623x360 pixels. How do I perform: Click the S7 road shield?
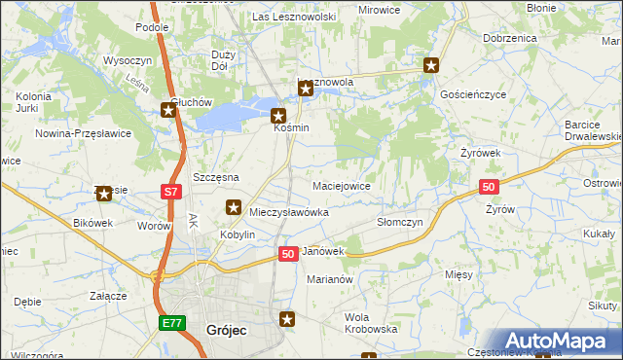click(170, 193)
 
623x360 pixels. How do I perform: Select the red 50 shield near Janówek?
click(287, 253)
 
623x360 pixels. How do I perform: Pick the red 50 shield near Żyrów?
click(489, 187)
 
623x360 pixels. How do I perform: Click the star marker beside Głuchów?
click(167, 111)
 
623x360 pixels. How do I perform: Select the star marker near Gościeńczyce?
click(431, 66)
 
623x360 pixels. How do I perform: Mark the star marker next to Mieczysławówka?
click(234, 206)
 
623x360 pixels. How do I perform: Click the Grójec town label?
click(226, 331)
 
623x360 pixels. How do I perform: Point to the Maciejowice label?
click(341, 185)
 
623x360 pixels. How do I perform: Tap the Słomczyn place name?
click(399, 222)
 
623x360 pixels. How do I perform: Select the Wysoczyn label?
click(124, 60)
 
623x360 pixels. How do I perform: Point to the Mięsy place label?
click(458, 275)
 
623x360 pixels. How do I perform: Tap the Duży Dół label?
click(221, 60)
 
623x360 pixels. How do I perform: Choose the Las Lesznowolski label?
click(294, 17)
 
